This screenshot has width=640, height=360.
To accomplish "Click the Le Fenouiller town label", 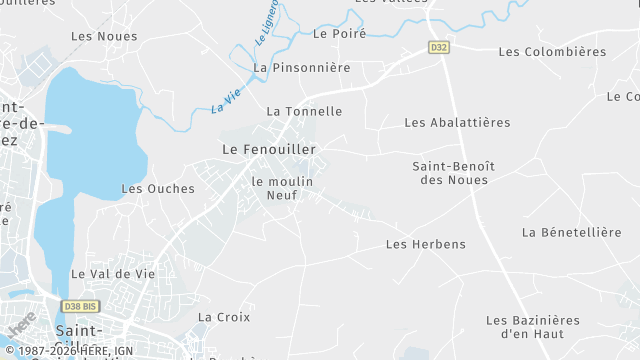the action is tap(268, 149).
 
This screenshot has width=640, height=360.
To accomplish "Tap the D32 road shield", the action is tap(438, 47).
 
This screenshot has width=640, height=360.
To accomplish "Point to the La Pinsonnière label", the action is tap(302, 68).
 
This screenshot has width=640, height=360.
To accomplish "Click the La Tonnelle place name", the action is tap(304, 111).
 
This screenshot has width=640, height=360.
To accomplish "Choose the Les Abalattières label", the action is tap(457, 122).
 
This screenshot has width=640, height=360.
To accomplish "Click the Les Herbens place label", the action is tap(425, 244).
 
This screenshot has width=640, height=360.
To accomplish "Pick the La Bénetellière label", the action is tap(571, 232).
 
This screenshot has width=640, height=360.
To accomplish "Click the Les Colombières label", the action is tap(552, 51).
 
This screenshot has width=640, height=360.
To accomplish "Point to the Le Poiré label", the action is tap(339, 33).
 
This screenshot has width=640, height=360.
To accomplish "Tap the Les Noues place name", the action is tap(104, 36).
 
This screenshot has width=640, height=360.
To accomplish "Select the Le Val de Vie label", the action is tap(112, 274).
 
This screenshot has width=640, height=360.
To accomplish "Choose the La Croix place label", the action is tap(223, 317).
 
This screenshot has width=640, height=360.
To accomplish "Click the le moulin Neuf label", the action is tap(282, 188).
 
